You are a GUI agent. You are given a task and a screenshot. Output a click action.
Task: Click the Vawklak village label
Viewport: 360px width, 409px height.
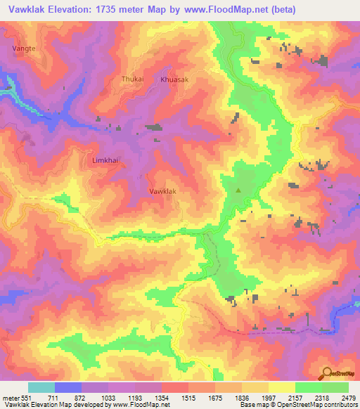(x=162, y=191)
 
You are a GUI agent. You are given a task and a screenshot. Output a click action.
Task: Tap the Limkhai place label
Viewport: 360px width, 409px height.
(x=106, y=160)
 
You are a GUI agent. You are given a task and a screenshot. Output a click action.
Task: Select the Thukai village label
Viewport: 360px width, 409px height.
(x=132, y=79)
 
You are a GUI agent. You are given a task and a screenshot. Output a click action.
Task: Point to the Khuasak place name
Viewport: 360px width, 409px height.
(x=175, y=80)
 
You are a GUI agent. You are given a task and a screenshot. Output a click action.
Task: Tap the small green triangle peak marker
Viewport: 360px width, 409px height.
(x=238, y=190)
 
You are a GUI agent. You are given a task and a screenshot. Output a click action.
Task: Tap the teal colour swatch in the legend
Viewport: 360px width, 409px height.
(x=41, y=387)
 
